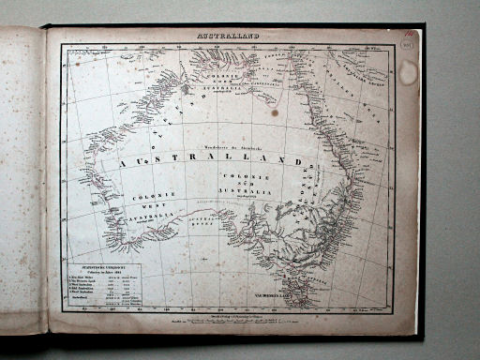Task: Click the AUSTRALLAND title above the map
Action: (228, 37)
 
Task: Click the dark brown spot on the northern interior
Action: (275, 112)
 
